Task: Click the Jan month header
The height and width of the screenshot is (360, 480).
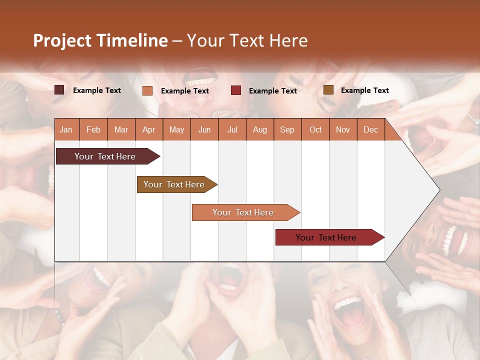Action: click(66, 129)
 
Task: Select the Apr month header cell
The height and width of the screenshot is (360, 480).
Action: click(149, 129)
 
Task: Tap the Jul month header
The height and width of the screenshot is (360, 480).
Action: click(232, 129)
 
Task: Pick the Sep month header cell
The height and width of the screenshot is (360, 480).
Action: click(287, 129)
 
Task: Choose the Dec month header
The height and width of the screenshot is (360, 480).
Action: click(370, 129)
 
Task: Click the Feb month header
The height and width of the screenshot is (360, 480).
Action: click(93, 129)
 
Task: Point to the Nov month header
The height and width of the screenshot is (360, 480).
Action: click(343, 129)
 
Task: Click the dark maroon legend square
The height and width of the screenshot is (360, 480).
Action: click(59, 90)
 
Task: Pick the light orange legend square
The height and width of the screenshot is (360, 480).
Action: click(147, 90)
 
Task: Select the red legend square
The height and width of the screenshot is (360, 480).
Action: click(236, 90)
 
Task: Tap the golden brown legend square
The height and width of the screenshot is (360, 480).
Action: click(328, 90)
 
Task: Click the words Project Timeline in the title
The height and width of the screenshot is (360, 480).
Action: click(100, 40)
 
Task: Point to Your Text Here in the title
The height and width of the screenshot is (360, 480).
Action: click(247, 40)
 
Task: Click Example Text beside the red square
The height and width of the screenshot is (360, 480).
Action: click(272, 91)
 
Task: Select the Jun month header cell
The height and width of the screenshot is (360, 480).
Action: click(204, 129)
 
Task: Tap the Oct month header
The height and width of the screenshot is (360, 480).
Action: click(315, 129)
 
